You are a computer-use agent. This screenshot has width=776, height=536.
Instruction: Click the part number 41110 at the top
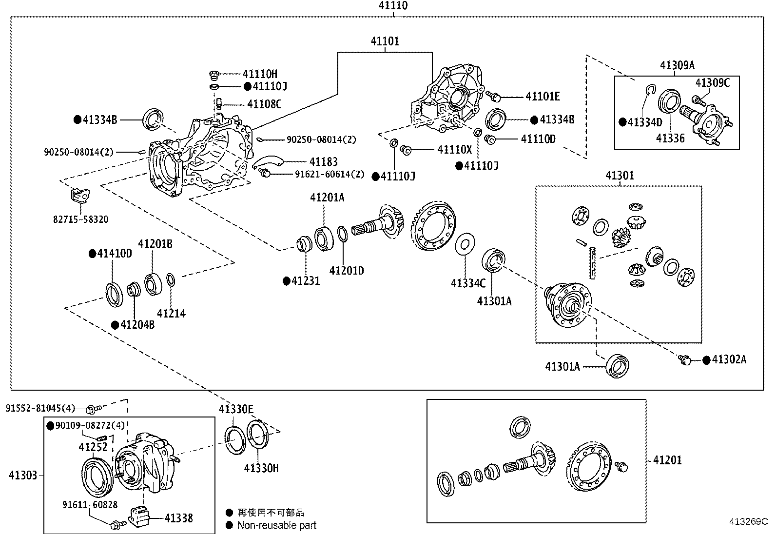coord(393,5)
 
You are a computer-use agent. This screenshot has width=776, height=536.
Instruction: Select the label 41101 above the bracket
coord(385,41)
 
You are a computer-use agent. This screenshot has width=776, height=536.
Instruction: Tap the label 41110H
coord(260,74)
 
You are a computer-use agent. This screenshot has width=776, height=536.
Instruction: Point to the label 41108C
coord(264,104)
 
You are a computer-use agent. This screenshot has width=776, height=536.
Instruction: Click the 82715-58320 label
coord(81,219)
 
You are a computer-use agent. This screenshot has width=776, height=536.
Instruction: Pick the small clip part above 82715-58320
coord(80,196)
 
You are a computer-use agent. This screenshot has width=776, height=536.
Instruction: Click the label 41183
coord(323,161)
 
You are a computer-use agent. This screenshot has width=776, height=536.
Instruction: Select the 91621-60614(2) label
coord(330,174)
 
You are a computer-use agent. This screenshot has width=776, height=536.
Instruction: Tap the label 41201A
coord(327,198)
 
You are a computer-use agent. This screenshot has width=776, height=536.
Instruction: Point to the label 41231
coord(306,281)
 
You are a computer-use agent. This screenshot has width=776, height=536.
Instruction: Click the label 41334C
coord(468,283)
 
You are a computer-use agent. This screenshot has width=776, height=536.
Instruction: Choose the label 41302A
coord(729,360)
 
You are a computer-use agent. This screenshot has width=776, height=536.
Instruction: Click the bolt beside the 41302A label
coord(685,359)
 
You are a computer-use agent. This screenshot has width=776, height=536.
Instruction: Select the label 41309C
coord(713,83)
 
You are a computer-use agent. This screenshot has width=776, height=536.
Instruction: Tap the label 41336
coord(670,139)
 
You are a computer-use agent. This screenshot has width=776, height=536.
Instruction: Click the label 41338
coord(178,518)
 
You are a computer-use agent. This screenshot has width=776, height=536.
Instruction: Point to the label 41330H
coord(261,468)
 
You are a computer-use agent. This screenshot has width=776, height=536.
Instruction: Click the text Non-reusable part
coord(277,525)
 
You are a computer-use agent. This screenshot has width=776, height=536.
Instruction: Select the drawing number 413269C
coord(748,521)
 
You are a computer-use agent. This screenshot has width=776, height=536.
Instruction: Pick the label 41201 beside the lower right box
coord(667,460)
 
